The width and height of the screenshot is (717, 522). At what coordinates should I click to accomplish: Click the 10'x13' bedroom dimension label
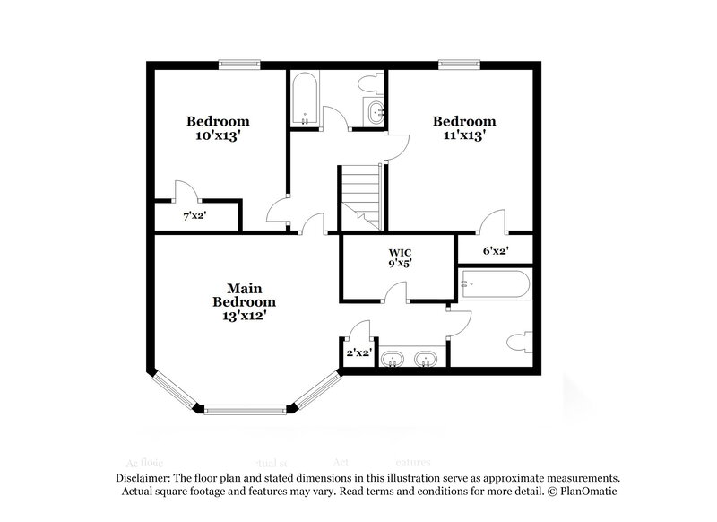218,136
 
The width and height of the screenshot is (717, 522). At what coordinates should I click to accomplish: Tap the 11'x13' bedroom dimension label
464,136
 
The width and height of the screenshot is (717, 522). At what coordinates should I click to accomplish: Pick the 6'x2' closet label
494,251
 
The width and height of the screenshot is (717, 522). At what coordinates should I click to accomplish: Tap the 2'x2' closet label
358,352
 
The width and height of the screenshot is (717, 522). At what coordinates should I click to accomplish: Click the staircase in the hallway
360,193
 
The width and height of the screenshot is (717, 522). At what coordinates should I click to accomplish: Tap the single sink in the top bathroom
376,112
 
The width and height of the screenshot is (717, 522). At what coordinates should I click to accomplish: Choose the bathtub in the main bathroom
494,285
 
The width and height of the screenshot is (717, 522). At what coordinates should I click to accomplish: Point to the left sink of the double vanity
392,360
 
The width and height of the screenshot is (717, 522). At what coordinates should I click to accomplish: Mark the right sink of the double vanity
428,360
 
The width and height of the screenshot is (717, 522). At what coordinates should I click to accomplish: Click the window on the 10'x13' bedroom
240,64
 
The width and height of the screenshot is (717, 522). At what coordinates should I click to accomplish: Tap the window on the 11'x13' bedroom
458,64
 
